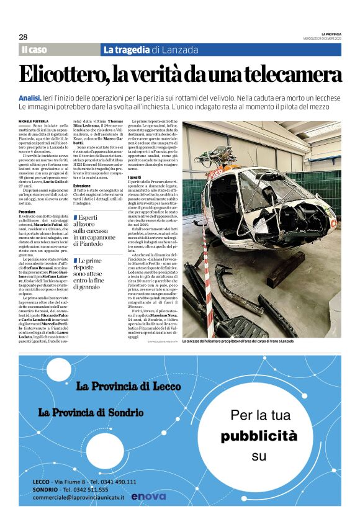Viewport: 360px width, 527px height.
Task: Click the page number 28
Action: pyautogui.click(x=23, y=37)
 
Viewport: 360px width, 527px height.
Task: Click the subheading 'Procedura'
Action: pyautogui.click(x=27, y=212)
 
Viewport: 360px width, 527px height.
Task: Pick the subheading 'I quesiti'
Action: pyautogui.click(x=135, y=177)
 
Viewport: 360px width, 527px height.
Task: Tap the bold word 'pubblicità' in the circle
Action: pyautogui.click(x=259, y=436)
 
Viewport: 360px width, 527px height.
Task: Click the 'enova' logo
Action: pyautogui.click(x=149, y=496)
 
